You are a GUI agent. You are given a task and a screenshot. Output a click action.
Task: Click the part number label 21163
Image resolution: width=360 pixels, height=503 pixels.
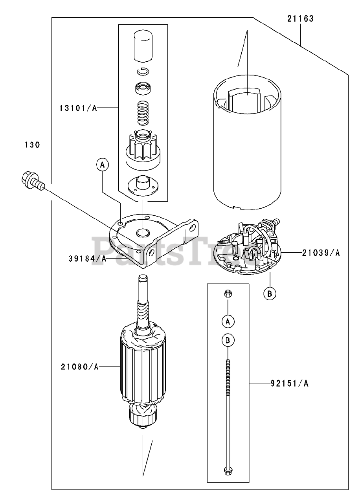301,19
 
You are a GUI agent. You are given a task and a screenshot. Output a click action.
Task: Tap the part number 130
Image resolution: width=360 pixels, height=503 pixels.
32,145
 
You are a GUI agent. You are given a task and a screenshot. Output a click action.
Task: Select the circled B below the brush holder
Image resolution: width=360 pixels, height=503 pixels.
270,293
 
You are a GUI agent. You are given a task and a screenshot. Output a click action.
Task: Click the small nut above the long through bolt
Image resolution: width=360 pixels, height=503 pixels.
227,293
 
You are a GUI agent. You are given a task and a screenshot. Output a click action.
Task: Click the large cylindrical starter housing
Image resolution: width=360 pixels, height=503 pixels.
247,149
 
